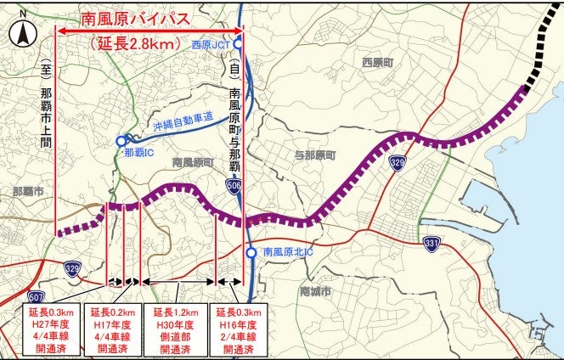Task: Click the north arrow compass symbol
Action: pos(22,33)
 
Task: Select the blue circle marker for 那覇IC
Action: pos(121,141)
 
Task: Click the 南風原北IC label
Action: pos(289,252)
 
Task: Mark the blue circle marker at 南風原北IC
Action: pos(251,252)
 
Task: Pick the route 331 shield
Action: pos(432,245)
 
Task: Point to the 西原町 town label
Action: pos(378,62)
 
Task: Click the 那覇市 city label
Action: pos(28,193)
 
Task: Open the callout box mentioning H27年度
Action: pos(50,329)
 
